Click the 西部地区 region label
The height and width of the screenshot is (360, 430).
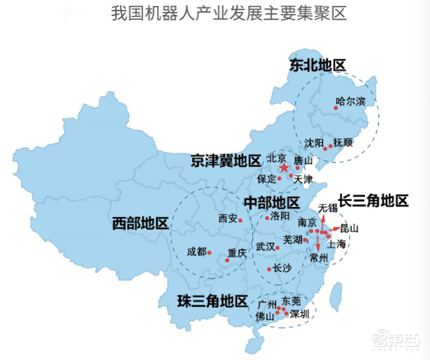coord(140,223)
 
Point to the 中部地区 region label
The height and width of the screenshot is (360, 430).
coord(271,203)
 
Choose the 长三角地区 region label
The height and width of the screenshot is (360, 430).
coord(374,201)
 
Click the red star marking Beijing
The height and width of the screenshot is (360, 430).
coord(284,168)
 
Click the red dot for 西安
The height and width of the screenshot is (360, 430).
coord(241,220)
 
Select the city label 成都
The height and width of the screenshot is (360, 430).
coord(196,251)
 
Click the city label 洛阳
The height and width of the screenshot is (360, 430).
coord(280,216)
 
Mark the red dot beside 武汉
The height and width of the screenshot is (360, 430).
coord(277,248)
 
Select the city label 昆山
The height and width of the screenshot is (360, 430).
coord(349,228)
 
